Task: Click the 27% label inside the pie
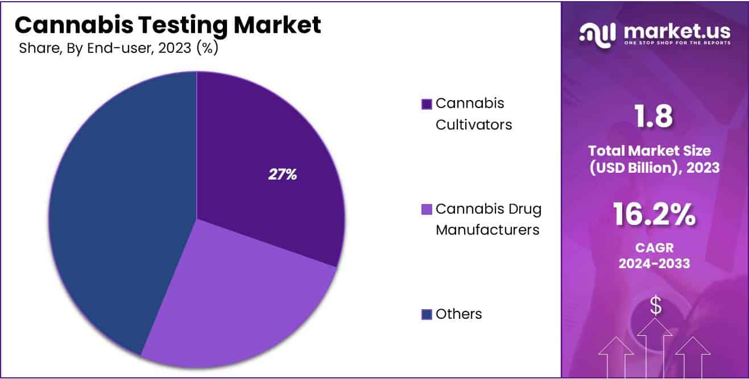pyautogui.click(x=283, y=175)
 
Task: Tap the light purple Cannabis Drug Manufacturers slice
pyautogui.click(x=239, y=295)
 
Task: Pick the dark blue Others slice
pyautogui.click(x=114, y=216)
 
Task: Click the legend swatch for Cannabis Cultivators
pyautogui.click(x=426, y=105)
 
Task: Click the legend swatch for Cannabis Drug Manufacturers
pyautogui.click(x=426, y=210)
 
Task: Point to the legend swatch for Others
pyautogui.click(x=426, y=314)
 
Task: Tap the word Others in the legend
pyautogui.click(x=458, y=314)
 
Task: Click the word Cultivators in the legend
pyautogui.click(x=473, y=124)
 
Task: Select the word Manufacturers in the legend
pyautogui.click(x=487, y=230)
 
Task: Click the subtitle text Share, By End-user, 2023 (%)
pyautogui.click(x=118, y=48)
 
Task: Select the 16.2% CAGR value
pyautogui.click(x=654, y=215)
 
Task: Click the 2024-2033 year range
pyautogui.click(x=654, y=263)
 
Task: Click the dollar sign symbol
pyautogui.click(x=655, y=306)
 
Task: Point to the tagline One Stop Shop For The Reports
pyautogui.click(x=676, y=43)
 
